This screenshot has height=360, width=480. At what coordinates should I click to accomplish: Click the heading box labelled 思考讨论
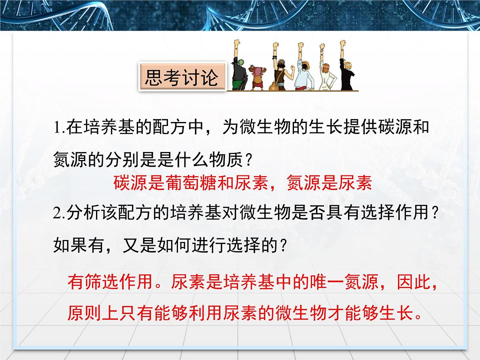[x=182, y=77]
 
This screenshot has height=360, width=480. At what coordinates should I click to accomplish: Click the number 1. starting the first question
[x=59, y=128]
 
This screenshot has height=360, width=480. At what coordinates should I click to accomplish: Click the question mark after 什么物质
[x=248, y=161]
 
